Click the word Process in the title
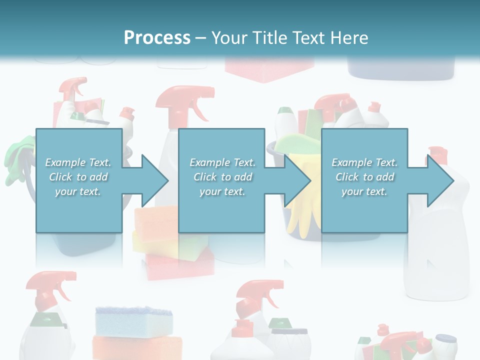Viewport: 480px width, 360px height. click(x=157, y=37)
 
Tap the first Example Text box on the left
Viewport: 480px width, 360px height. click(x=78, y=180)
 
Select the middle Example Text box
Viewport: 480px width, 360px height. click(x=221, y=180)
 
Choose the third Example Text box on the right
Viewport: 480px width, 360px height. click(x=364, y=180)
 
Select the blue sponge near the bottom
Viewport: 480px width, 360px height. click(x=133, y=320)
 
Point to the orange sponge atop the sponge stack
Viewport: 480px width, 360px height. click(x=155, y=217)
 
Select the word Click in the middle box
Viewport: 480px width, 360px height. click(x=204, y=177)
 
